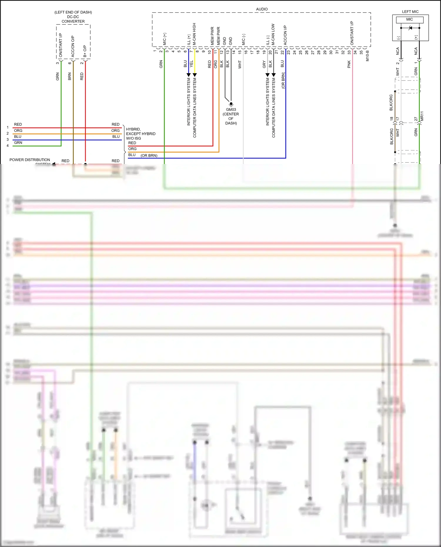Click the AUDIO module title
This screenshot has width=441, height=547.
[262, 9]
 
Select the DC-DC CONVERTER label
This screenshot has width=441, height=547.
[73, 19]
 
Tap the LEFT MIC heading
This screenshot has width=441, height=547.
[410, 12]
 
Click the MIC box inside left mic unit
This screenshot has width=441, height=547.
[410, 19]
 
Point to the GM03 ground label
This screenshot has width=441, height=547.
[231, 110]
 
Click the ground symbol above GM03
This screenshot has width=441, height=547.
[231, 104]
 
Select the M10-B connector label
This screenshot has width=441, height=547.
[367, 56]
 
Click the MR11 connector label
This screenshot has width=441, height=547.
[422, 116]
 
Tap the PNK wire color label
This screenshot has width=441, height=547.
[349, 64]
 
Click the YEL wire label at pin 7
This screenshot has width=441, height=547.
[192, 63]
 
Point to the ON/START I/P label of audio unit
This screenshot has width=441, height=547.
[352, 33]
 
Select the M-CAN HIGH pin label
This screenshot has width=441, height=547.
[194, 34]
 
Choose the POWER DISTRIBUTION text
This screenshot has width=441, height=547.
[30, 160]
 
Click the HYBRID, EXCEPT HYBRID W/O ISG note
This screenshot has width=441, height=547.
[141, 134]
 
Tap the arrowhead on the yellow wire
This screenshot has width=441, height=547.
[195, 75]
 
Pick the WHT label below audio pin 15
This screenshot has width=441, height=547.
[240, 64]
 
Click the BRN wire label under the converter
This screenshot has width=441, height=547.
[70, 76]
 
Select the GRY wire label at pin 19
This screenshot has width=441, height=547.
[264, 64]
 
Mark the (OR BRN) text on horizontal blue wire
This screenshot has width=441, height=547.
[149, 155]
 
